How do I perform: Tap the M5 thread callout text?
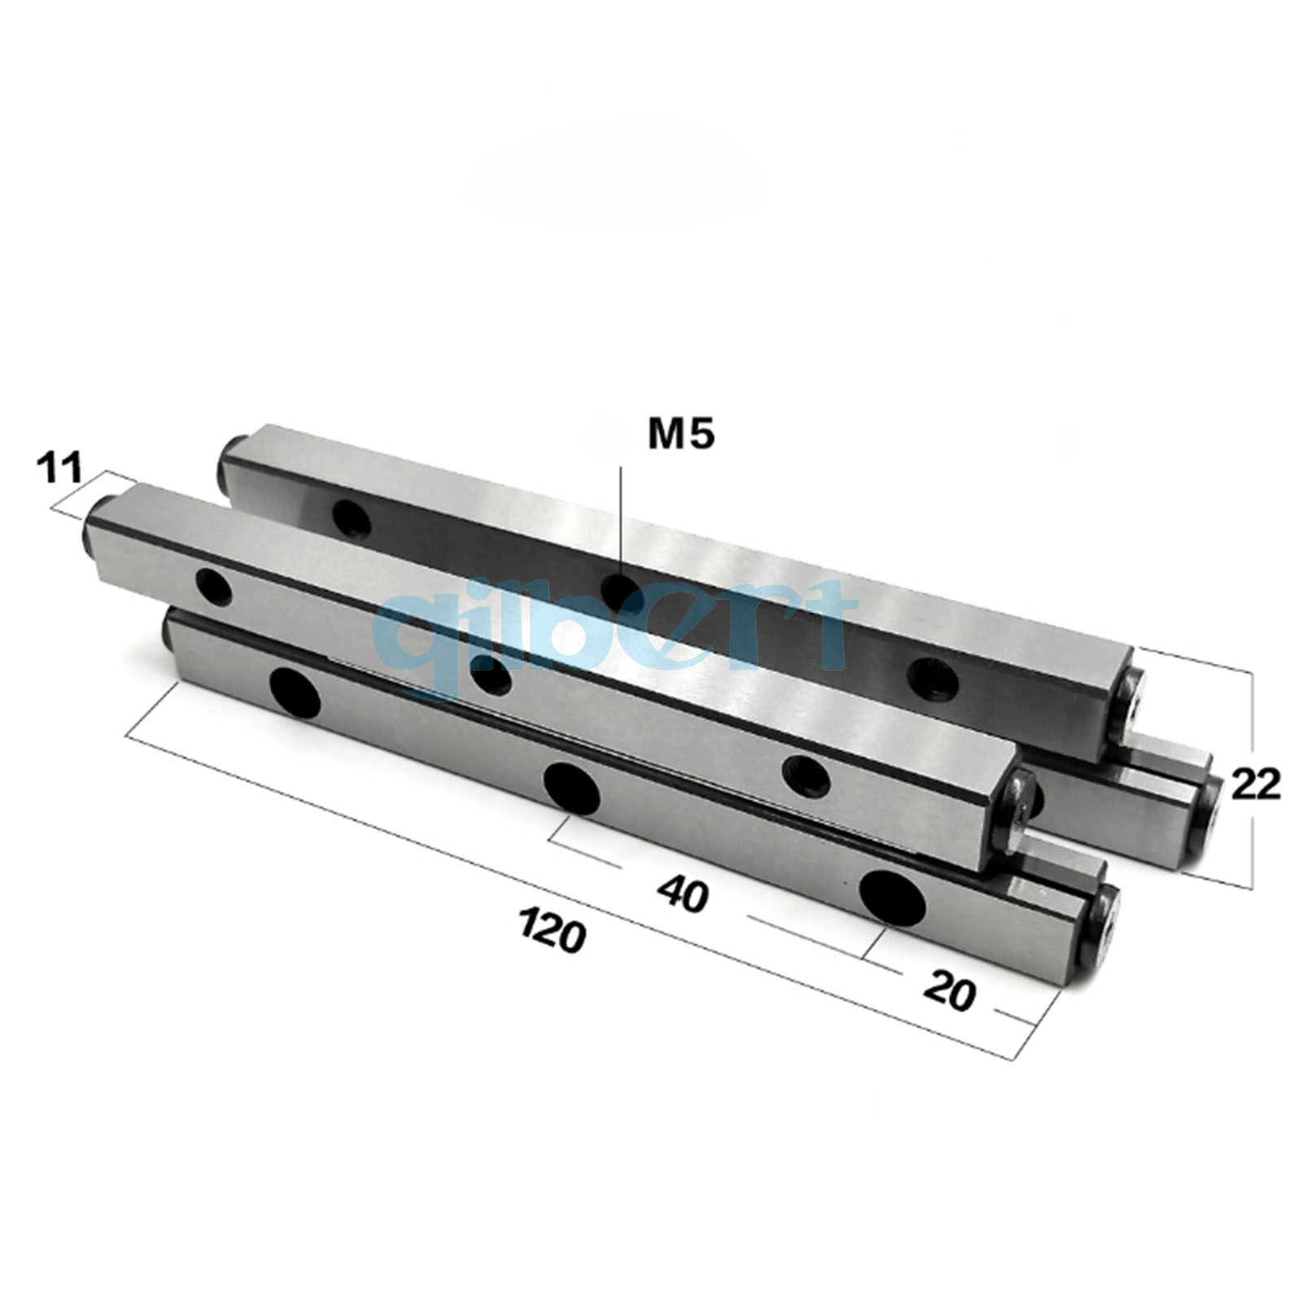pos(681,435)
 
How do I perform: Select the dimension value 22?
pos(1256,784)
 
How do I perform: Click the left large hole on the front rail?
pos(295,693)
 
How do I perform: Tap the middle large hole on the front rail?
pos(572,787)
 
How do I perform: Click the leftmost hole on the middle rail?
pos(213,588)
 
